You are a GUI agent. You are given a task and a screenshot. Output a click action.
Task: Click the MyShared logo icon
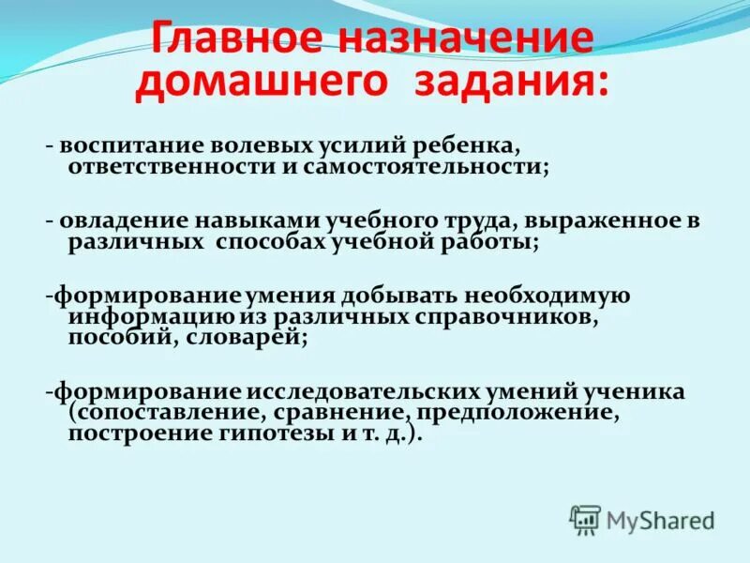pyautogui.click(x=585, y=518)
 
